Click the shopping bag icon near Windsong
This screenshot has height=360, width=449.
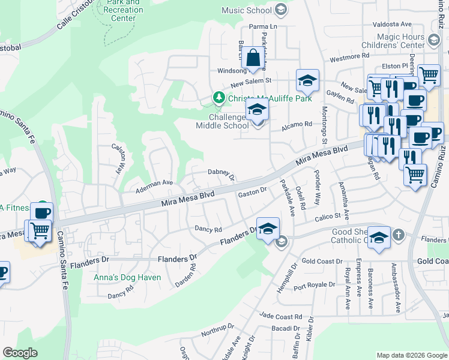[253, 59]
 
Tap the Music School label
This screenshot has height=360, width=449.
[246, 10]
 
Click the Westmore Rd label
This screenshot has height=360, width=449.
[349, 57]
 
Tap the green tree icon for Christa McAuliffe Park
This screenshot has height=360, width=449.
[219, 97]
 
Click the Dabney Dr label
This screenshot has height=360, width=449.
[220, 173]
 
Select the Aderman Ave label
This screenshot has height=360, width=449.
[154, 183]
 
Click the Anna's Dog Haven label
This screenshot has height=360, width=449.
[127, 278]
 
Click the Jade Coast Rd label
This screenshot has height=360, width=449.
[281, 316]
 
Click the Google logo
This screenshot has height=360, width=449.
[20, 353]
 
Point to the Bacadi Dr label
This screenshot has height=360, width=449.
[285, 329]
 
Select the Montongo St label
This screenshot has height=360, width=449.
[324, 120]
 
